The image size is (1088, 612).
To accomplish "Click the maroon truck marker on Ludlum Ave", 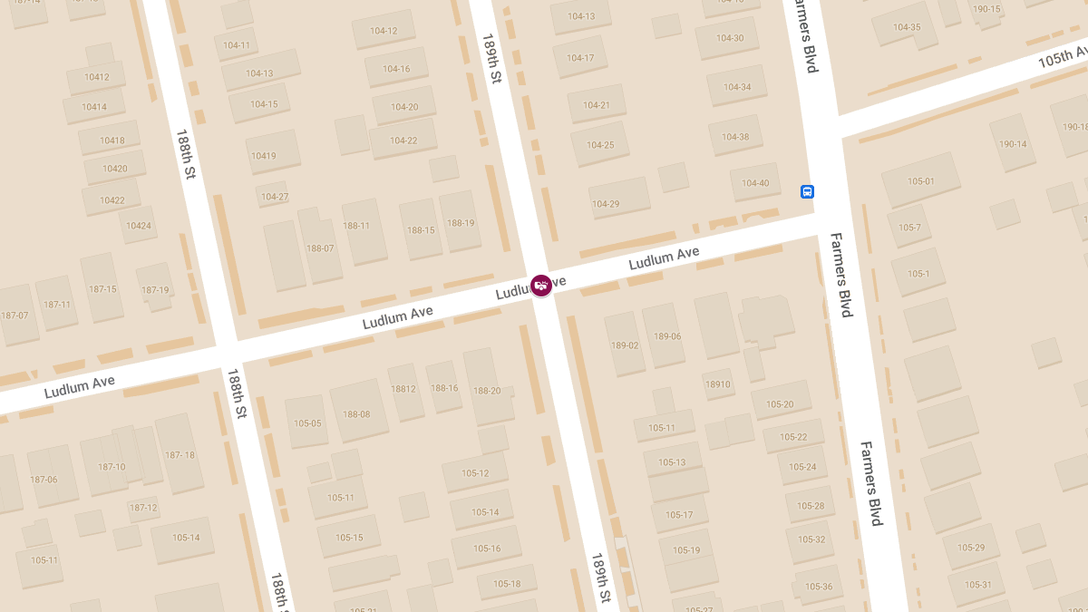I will point(541,286).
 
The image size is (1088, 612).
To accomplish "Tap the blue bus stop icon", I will point(807,191).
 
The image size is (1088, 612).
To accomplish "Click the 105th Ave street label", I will point(1062,61).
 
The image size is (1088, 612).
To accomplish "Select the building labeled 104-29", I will point(605,204).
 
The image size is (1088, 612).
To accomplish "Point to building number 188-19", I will point(461,223).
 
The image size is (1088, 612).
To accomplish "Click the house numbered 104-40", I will point(755,183).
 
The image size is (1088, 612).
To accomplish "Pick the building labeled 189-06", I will point(667,336).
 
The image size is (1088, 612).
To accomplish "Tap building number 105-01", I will point(920,181).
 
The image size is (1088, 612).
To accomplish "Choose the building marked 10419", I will point(264,156).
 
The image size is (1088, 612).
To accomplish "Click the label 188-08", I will point(356,414).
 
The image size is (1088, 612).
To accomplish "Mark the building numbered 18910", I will point(717,384).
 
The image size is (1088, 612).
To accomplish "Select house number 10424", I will point(139,225).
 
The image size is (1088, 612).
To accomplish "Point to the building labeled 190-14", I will point(1013,144).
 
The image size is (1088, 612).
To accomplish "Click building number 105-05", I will point(307,423).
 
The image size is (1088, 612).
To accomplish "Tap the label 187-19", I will point(155,290).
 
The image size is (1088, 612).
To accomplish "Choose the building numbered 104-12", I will point(384,31).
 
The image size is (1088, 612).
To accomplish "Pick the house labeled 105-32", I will point(811,539).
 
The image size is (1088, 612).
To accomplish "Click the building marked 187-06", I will point(44,480).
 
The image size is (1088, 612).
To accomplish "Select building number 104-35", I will point(907,27).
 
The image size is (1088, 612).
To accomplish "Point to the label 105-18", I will point(507,583).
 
